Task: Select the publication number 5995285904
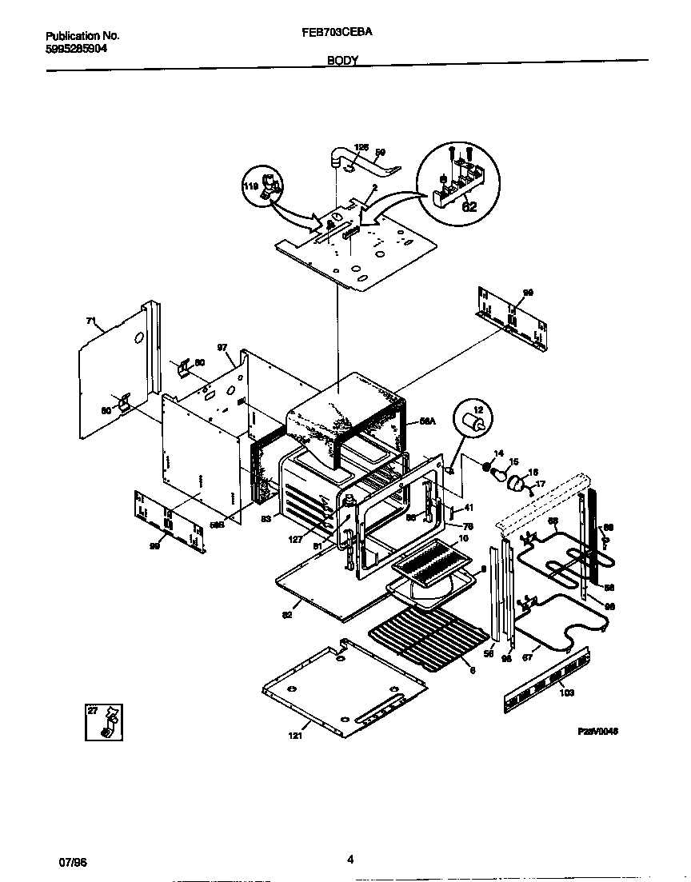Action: [x=76, y=48]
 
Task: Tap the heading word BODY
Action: [x=342, y=60]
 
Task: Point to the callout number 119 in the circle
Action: [x=250, y=186]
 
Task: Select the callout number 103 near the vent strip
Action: [x=566, y=692]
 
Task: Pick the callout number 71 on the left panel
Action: [x=91, y=322]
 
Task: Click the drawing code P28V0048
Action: [x=598, y=731]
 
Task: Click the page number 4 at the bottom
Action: [x=350, y=860]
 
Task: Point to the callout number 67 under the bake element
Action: [x=526, y=657]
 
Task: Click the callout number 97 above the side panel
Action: [x=222, y=349]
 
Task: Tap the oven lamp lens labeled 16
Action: [x=516, y=482]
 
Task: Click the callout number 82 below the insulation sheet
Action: [x=287, y=614]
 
